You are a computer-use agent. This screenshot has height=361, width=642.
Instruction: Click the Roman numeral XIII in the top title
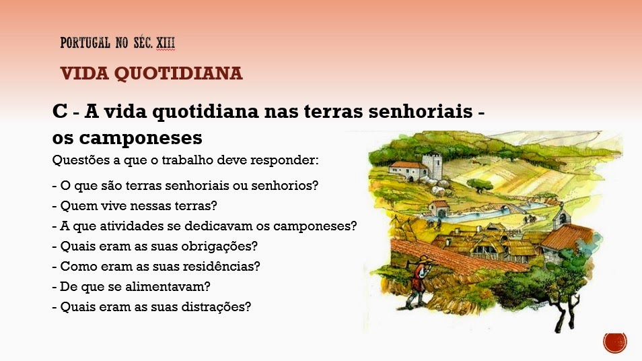click(166, 42)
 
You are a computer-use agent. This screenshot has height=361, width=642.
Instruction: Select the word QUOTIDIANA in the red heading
click(178, 74)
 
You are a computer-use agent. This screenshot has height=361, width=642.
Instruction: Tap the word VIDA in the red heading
click(84, 74)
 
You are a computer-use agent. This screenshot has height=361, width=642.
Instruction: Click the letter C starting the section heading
click(60, 111)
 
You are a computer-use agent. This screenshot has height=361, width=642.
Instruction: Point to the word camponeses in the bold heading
click(141, 139)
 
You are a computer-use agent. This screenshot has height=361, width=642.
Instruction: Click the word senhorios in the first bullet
click(285, 186)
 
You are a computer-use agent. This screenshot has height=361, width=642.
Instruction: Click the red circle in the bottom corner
click(615, 343)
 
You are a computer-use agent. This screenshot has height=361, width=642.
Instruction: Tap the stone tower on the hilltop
click(432, 166)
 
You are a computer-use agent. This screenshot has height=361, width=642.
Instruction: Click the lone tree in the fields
click(479, 185)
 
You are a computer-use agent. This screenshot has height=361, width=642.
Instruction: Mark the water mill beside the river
click(439, 209)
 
